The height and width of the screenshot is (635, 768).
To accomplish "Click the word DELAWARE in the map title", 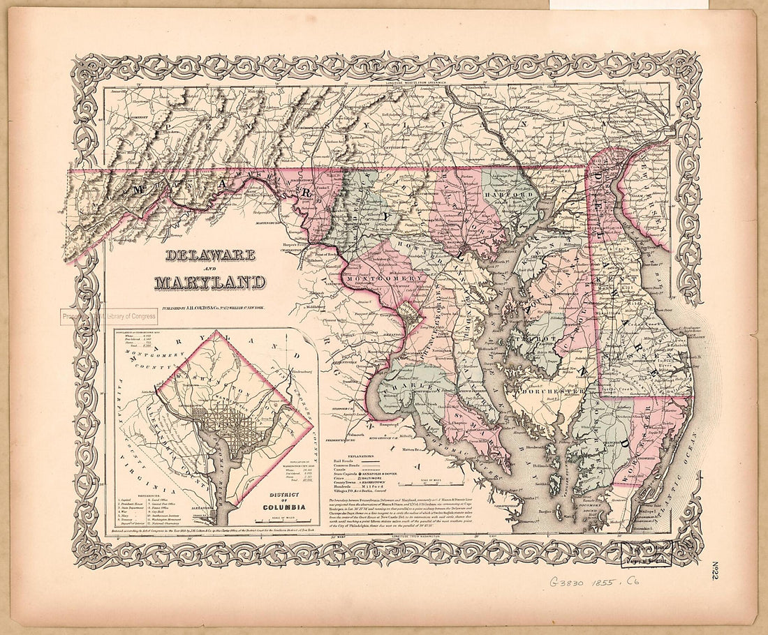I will tap(210, 255).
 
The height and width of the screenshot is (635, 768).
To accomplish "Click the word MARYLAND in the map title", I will tap(210, 283).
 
